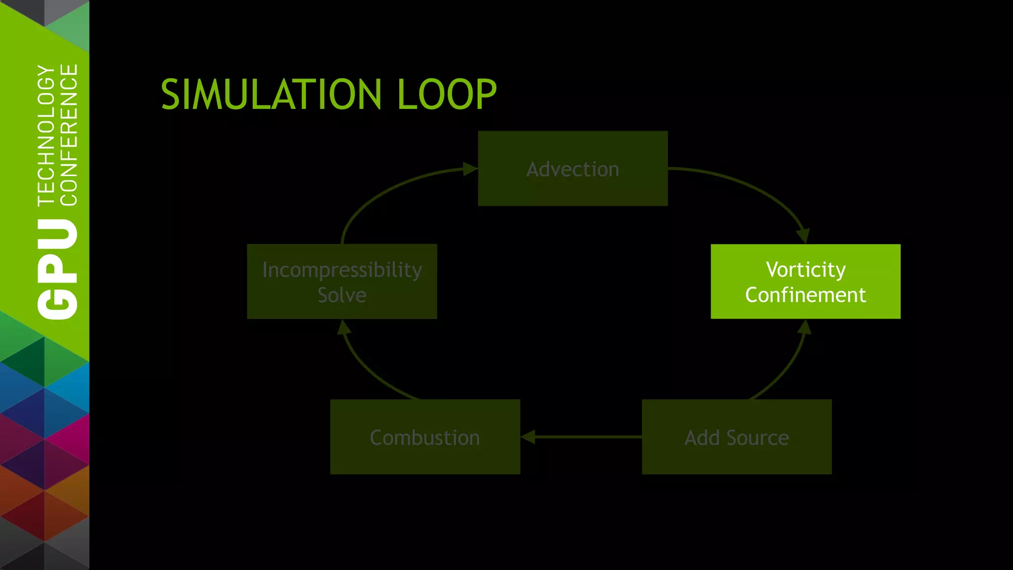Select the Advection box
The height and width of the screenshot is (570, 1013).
[x=572, y=168]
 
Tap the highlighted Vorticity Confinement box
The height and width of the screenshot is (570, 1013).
[x=805, y=281]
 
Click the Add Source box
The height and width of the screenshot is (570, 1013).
[x=737, y=437]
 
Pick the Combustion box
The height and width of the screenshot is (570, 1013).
[x=425, y=437]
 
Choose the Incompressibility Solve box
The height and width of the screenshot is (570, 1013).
[x=342, y=281]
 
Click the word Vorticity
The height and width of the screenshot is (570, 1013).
[x=805, y=270]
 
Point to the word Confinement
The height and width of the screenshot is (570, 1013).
[x=805, y=295]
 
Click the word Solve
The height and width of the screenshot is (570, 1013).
[x=342, y=295]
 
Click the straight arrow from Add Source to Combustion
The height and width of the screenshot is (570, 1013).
[x=584, y=437]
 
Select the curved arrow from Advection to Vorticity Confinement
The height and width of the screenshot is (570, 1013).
[x=757, y=190]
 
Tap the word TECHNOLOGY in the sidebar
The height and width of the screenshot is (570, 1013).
[x=46, y=135]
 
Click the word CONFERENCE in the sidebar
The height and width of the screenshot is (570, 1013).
[x=69, y=135]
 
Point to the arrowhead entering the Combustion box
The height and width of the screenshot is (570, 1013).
[x=528, y=437]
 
